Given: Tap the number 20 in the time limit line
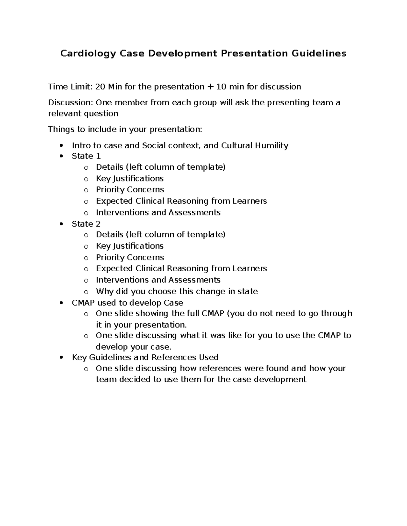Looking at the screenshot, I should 100,87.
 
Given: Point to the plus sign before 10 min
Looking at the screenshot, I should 210,87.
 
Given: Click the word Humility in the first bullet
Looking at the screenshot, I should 272,146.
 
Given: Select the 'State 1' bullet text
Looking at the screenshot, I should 86,156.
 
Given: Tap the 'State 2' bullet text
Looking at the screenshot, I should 86,224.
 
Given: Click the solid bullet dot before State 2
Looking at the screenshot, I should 61,224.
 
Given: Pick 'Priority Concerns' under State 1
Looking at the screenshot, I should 130,190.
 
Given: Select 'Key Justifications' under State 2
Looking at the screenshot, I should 130,246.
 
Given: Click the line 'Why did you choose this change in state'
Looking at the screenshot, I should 177,292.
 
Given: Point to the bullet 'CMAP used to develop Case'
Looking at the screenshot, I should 127,303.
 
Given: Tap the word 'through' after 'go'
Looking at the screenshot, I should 336,314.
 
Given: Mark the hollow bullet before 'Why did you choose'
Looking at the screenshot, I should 86,292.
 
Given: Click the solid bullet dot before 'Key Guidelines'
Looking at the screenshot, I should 61,358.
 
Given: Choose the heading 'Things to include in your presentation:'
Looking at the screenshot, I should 125,129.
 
